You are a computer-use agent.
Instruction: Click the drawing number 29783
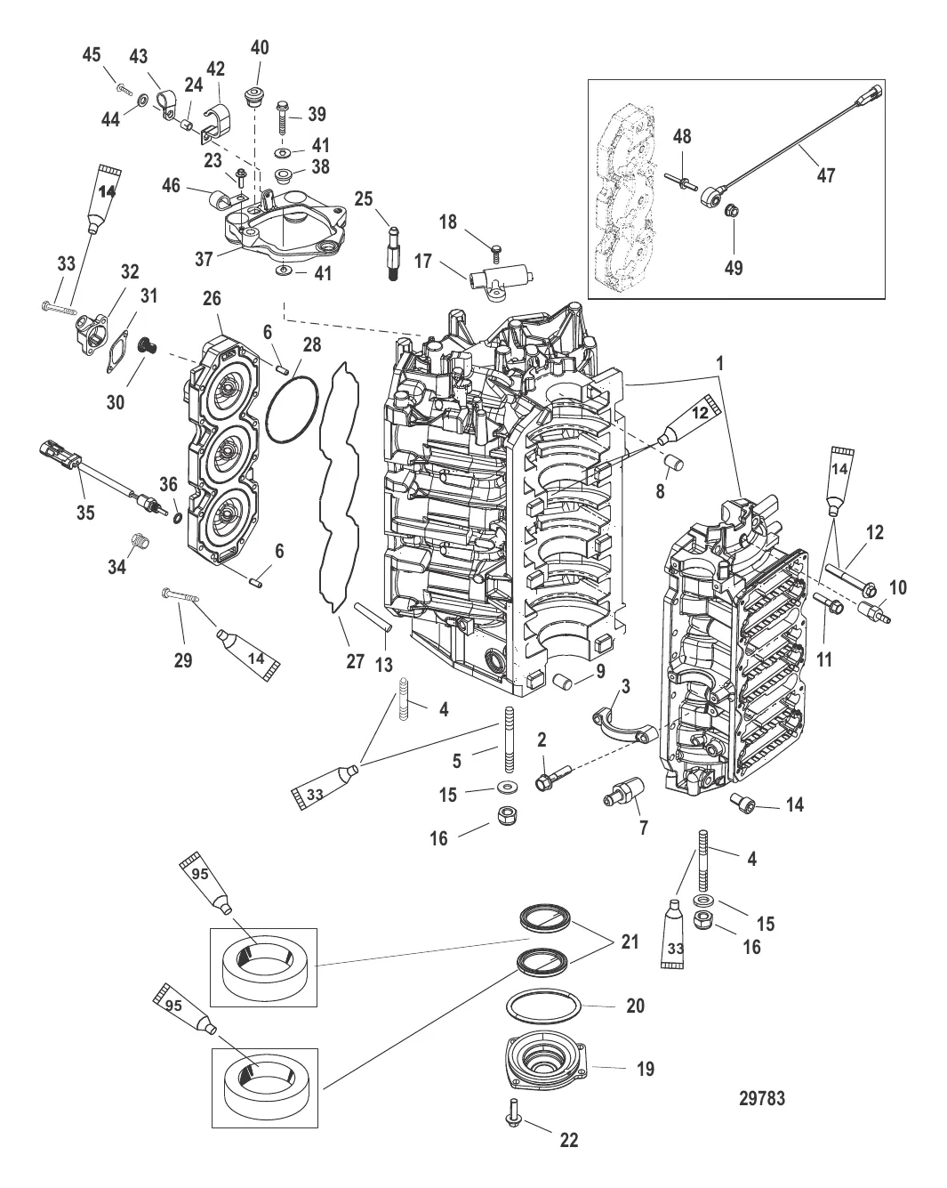click(762, 1098)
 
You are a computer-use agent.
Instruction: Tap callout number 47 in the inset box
click(826, 175)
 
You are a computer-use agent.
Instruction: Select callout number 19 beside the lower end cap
click(645, 1068)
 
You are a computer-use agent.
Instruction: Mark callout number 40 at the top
click(259, 47)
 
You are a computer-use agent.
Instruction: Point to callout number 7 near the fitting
click(643, 827)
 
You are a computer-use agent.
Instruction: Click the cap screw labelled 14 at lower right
click(742, 804)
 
